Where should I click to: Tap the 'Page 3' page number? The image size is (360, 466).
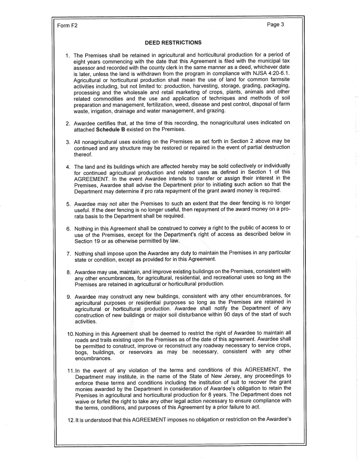[275, 25]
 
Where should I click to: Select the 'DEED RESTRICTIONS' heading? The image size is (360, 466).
[173, 42]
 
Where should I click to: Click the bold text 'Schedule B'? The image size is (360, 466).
[110, 129]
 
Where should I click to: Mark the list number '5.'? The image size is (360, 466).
[69, 204]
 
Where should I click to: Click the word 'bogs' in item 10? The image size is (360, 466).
[81, 352]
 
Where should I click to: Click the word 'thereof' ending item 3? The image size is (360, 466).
[83, 154]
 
